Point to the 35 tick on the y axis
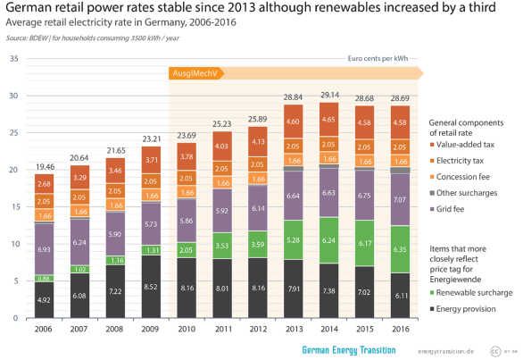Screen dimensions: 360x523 coord(12,58)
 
